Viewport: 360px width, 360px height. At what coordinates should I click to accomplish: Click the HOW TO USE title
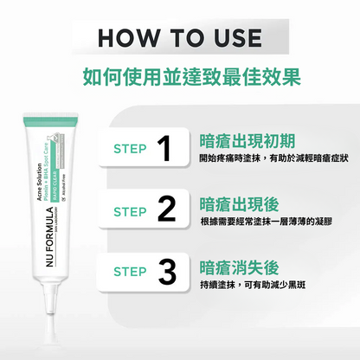coord(180,38)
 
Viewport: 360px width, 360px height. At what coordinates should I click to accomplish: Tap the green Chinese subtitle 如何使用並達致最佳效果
coord(180,76)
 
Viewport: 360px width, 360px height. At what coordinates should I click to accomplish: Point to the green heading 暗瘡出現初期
coord(239,141)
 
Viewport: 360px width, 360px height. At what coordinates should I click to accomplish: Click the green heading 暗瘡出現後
coord(232,204)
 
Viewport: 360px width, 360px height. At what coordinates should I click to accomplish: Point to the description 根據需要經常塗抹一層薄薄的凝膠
coord(266,222)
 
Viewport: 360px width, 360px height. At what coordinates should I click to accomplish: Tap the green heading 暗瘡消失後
coord(232,265)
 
